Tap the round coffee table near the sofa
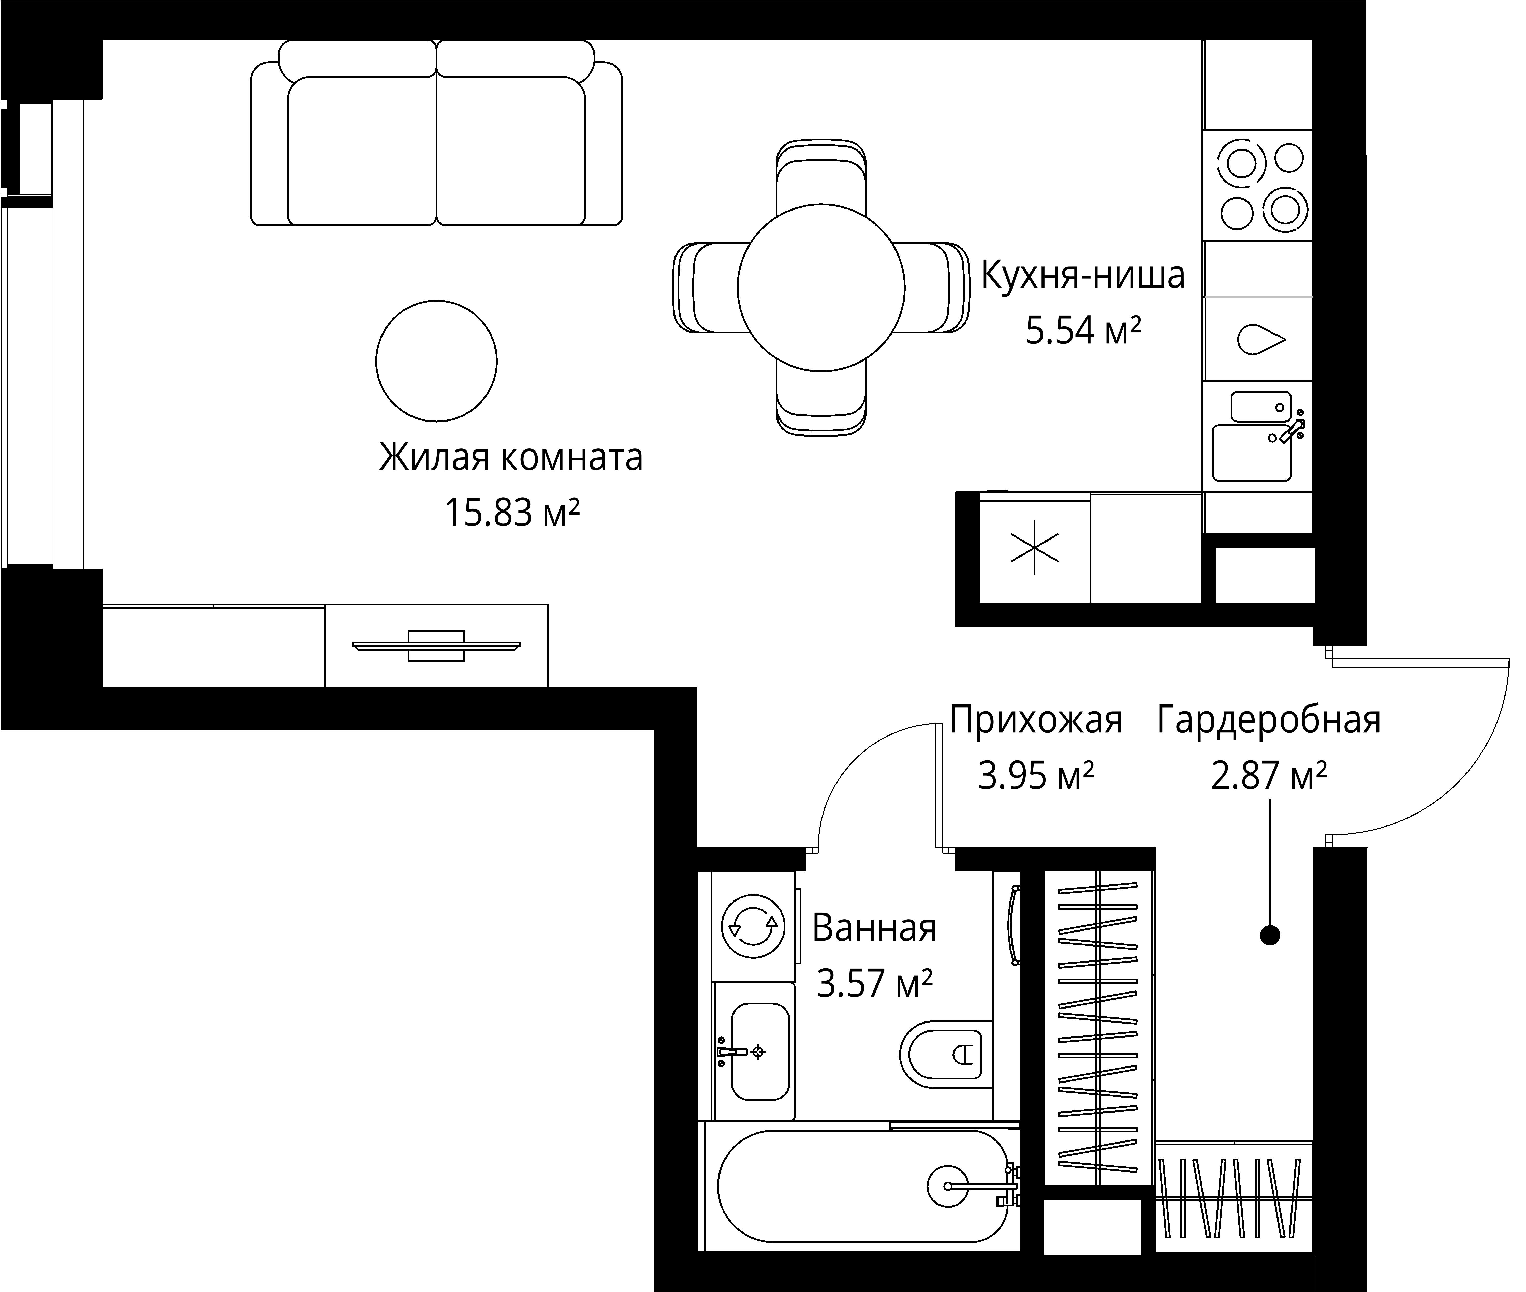[437, 361]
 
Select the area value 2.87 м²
[1269, 776]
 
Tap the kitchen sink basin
[1251, 453]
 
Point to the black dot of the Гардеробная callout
[1270, 935]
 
